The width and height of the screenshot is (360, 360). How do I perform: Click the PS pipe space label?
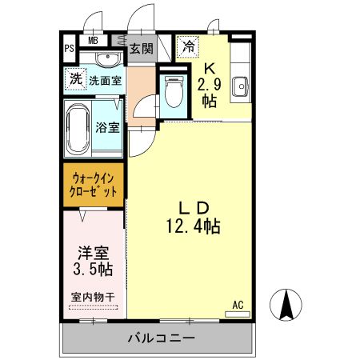tap(69, 49)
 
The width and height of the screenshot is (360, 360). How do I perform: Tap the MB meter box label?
tap(93, 41)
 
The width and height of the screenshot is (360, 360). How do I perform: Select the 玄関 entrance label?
tap(142, 49)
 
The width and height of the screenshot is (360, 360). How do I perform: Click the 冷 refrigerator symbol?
tap(188, 46)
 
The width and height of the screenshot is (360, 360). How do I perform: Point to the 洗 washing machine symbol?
tap(76, 79)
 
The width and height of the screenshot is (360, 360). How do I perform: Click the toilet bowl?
tap(174, 92)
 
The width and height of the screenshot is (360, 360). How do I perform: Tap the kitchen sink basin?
tap(241, 86)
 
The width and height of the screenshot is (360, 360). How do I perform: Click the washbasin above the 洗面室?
tap(107, 59)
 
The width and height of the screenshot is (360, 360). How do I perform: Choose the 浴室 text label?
tap(107, 127)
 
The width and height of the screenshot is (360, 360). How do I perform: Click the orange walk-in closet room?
tap(94, 185)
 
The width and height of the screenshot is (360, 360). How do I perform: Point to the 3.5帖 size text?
tap(93, 269)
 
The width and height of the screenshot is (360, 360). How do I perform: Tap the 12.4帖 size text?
tap(194, 226)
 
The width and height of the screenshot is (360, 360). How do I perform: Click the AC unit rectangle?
tap(238, 314)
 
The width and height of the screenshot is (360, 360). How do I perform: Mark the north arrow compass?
tap(286, 305)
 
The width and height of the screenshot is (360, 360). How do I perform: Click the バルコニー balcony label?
tap(162, 338)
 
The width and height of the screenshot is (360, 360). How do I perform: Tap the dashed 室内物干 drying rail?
tap(94, 307)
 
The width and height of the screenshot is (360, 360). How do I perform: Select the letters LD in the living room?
tap(194, 208)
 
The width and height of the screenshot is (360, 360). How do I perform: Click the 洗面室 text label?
tap(106, 80)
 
